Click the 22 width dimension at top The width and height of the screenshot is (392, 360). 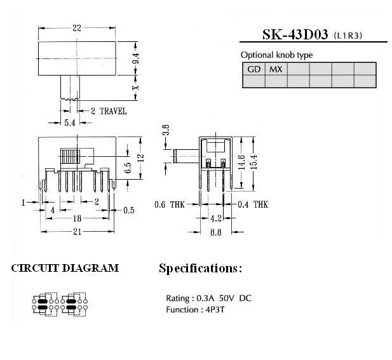[77, 28]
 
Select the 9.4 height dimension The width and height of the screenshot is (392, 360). [136, 58]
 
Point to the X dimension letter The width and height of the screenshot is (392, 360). [136, 88]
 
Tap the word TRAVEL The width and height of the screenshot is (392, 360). [113, 111]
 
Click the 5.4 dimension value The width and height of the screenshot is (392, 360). [69, 123]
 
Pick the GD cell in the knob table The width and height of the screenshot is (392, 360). [253, 69]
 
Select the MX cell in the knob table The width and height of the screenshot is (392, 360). [276, 69]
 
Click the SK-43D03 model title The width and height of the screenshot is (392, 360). [295, 34]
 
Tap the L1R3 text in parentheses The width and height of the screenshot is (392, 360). [348, 36]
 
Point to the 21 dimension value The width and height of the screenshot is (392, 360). [78, 232]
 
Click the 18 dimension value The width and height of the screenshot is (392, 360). [78, 218]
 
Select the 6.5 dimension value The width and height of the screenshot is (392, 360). [128, 168]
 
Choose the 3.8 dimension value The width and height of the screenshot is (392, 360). [166, 130]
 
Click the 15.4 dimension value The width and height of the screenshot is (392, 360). [253, 162]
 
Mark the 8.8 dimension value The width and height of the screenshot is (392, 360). [215, 232]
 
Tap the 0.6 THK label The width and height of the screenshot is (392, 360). [170, 204]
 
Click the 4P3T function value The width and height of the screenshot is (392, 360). [215, 310]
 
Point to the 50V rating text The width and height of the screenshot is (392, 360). [227, 298]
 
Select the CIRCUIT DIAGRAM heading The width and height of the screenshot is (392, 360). [65, 268]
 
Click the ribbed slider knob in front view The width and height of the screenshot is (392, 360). [70, 156]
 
